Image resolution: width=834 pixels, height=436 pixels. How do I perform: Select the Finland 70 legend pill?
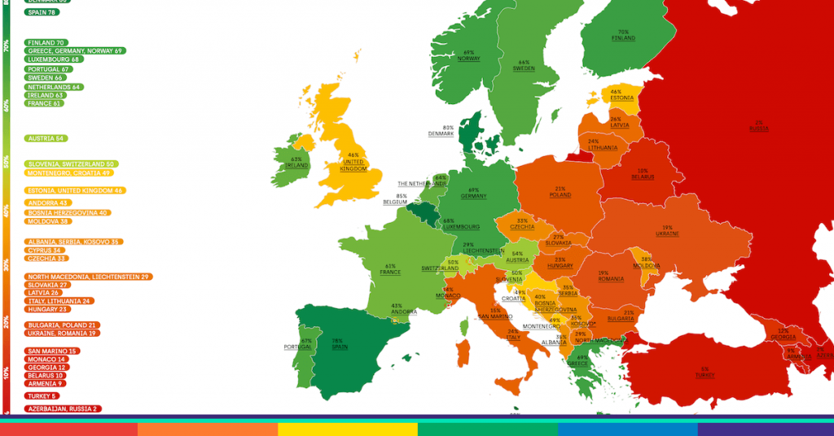pyautogui.click(x=46, y=42)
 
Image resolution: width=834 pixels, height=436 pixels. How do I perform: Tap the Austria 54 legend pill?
pyautogui.click(x=46, y=138)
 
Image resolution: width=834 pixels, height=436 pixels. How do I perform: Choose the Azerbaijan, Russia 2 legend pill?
pyautogui.click(x=62, y=408)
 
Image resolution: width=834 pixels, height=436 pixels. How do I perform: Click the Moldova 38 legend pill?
pyautogui.click(x=47, y=221)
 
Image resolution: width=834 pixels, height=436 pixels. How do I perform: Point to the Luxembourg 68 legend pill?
pyautogui.click(x=54, y=59)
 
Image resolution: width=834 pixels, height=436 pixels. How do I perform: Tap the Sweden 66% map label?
pyautogui.click(x=524, y=66)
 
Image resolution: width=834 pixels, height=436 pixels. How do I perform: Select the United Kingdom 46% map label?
pyautogui.click(x=353, y=163)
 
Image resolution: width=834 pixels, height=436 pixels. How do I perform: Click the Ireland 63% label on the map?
pyautogui.click(x=296, y=163)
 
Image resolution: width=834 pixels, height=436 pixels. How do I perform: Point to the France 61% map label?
pyautogui.click(x=390, y=269)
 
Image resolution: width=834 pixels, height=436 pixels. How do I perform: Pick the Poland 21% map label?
pyautogui.click(x=560, y=192)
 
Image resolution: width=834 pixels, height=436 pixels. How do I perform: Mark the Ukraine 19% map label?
pyautogui.click(x=667, y=231)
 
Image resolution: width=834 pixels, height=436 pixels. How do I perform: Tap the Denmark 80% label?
pyautogui.click(x=443, y=131)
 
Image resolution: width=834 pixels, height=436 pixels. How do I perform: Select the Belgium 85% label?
pyautogui.click(x=395, y=198)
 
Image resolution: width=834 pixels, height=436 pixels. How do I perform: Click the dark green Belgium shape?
pyautogui.click(x=424, y=213)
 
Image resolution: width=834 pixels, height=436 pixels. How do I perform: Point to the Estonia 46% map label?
pyautogui.click(x=621, y=95)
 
